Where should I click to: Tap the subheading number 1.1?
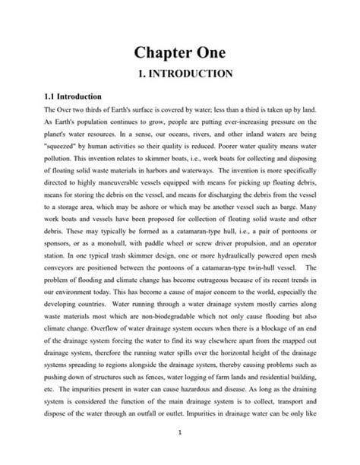coord(33,97)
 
